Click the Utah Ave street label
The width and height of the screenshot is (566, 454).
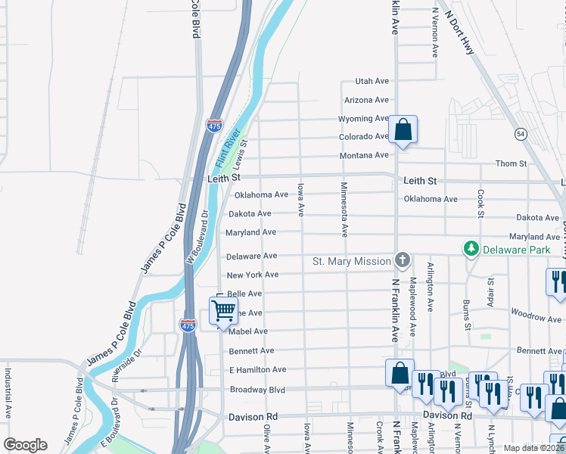372,82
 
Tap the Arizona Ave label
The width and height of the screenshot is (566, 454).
366,100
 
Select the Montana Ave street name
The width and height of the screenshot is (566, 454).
365,155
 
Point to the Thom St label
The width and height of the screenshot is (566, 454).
511,163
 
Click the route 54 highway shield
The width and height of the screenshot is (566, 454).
521,134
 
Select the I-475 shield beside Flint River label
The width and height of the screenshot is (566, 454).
215,125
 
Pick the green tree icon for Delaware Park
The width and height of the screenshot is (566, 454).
471,248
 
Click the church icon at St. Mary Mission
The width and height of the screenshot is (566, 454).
402,261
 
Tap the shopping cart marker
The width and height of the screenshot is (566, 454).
223,310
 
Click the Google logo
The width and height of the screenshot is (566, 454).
25,445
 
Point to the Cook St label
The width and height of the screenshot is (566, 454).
480,203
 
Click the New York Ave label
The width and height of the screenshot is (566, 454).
253,275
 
